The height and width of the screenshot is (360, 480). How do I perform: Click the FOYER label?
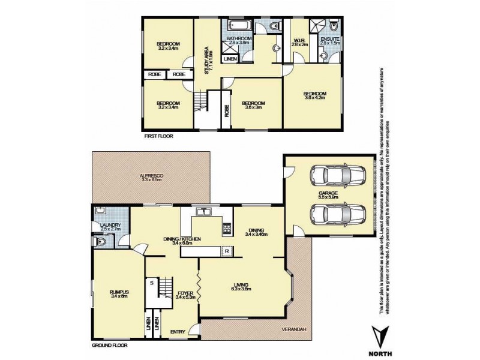click(x=185, y=292)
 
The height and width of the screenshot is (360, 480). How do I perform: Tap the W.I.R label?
click(x=300, y=40)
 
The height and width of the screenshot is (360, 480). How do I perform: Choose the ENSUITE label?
click(x=330, y=40)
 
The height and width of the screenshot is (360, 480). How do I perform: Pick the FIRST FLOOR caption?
click(x=159, y=137)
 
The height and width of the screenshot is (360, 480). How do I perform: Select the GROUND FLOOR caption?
click(x=109, y=346)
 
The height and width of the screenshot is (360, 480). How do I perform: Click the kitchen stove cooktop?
click(x=227, y=229)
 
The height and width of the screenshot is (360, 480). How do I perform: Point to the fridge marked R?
click(x=227, y=250)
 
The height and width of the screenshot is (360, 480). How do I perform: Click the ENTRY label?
click(x=178, y=331)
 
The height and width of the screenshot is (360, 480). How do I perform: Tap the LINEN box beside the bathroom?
click(x=230, y=59)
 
